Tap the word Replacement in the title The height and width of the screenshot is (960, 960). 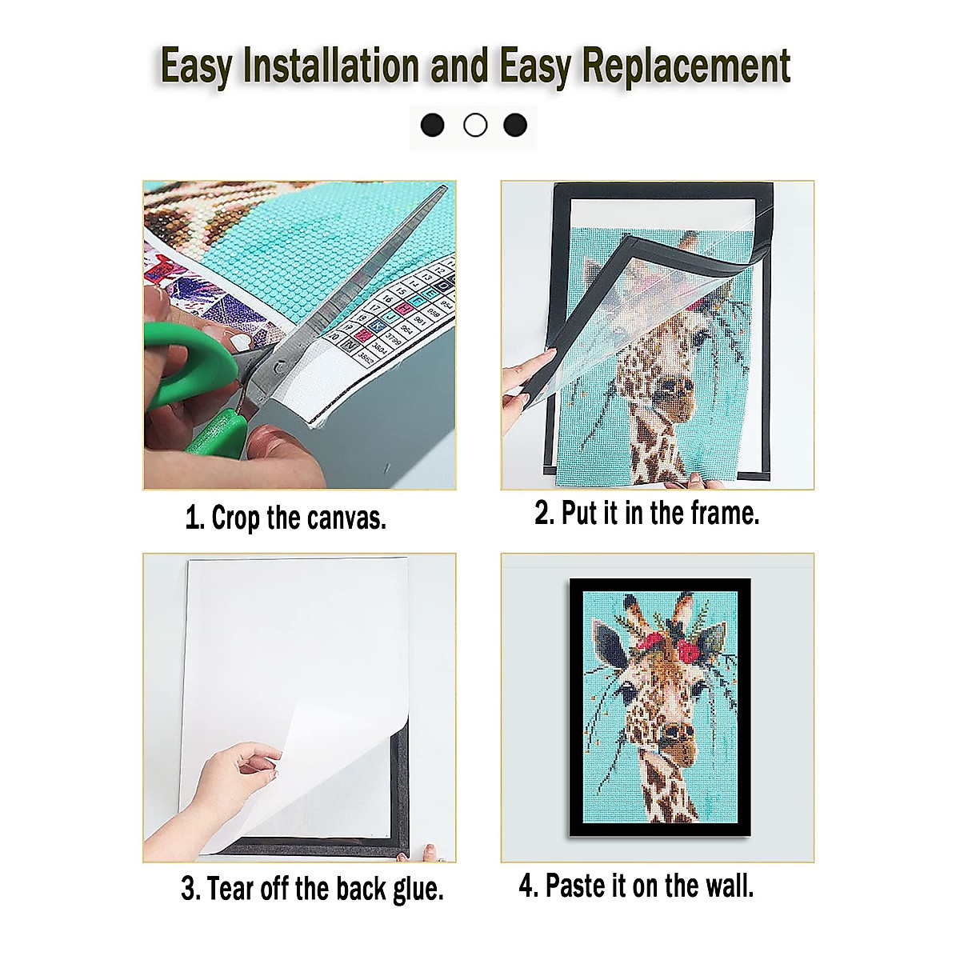[x=686, y=66]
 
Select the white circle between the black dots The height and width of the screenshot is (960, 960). [x=475, y=126]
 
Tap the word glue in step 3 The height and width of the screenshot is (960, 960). [x=418, y=889]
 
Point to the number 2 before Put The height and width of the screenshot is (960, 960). [x=543, y=513]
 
